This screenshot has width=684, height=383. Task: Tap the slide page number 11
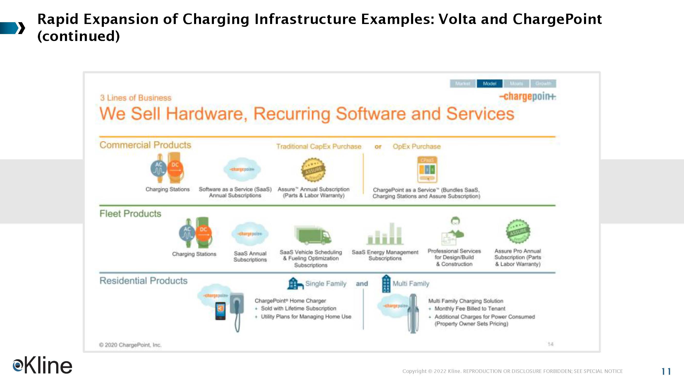[666, 371]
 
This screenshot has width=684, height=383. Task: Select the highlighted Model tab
[489, 84]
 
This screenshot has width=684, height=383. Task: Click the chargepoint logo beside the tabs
[527, 96]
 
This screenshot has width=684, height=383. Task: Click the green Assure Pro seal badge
[518, 231]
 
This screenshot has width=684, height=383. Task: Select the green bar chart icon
[385, 234]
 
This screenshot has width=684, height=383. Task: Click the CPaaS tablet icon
[427, 169]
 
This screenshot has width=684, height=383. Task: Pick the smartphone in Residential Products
[220, 311]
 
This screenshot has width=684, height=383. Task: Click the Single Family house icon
[295, 283]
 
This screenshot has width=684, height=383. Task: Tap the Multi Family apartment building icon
[386, 283]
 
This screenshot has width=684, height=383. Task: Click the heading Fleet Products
[130, 214]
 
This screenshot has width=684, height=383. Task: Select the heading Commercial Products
[145, 145]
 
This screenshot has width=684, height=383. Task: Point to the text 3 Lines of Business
[136, 98]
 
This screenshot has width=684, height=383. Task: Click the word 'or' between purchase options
[378, 146]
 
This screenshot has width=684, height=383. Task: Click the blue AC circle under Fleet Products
[187, 233]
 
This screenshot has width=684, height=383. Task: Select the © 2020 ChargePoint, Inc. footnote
[130, 345]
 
